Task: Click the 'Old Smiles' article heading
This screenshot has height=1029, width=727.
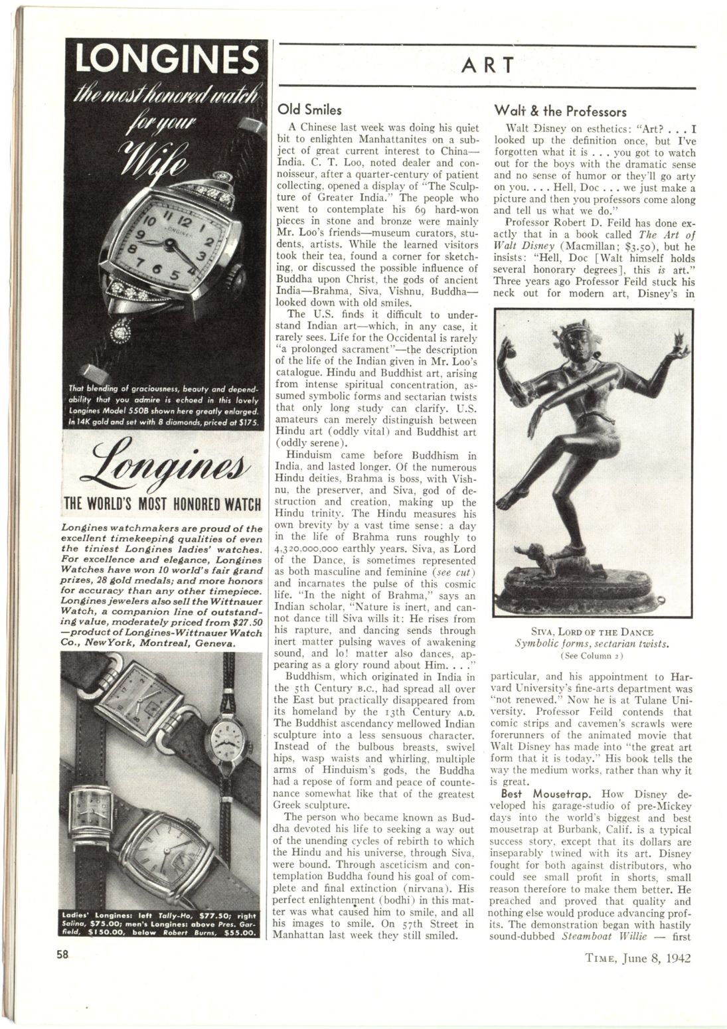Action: coord(309,110)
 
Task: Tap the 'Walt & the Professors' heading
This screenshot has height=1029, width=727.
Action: coord(560,111)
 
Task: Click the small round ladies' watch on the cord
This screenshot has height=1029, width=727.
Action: coord(226,738)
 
